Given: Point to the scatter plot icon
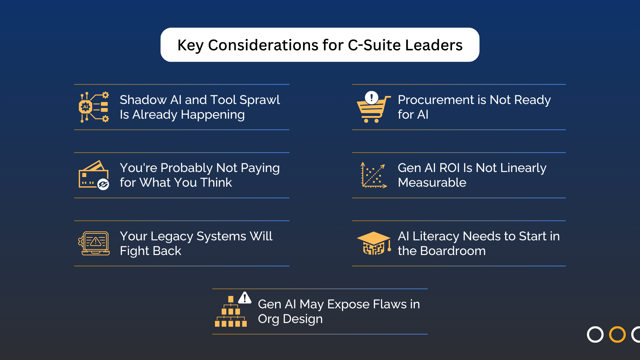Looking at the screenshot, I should pyautogui.click(x=374, y=175).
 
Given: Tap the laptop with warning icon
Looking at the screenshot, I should pyautogui.click(x=94, y=243).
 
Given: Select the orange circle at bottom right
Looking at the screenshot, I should pyautogui.click(x=617, y=334).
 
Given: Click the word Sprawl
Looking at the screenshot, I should pyautogui.click(x=260, y=100).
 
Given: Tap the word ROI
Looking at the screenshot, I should pyautogui.click(x=450, y=168).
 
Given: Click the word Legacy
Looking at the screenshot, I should pyautogui.click(x=172, y=236).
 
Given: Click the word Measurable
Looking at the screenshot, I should pyautogui.click(x=432, y=183).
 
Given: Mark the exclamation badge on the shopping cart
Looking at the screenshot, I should pyautogui.click(x=371, y=98).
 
